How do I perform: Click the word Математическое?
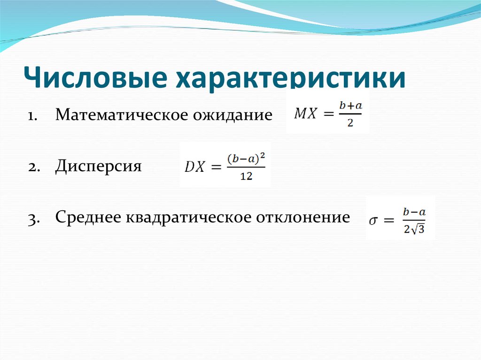[120, 115]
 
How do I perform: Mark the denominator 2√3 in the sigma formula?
[413, 230]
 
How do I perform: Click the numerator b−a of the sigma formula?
[413, 212]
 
